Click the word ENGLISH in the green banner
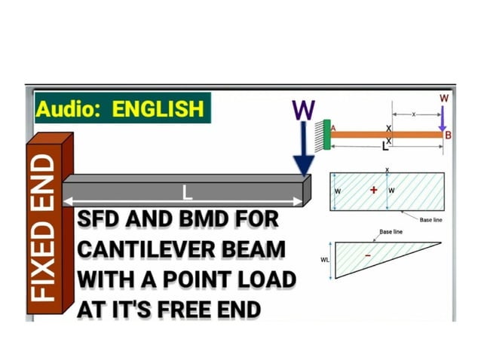coord(158,108)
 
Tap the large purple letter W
coord(303,111)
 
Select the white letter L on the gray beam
coord(188,194)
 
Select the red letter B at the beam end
coord(448,136)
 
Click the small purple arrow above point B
coord(443,118)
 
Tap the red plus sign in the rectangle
coord(373,191)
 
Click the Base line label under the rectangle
coord(430,220)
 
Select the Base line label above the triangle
coord(390,232)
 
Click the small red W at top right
coord(443,99)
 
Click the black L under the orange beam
coord(384,144)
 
